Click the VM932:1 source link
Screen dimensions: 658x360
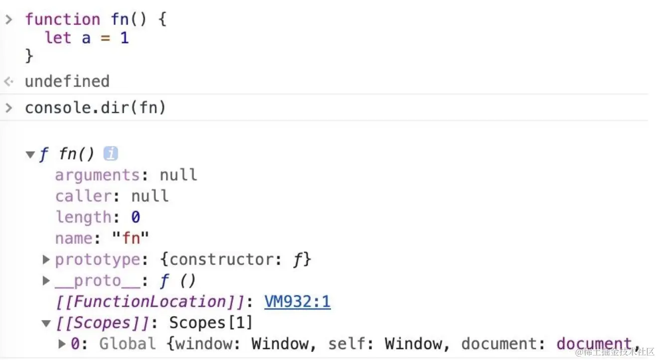[297, 302]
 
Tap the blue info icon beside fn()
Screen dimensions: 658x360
[111, 154]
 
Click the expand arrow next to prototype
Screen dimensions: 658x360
[46, 259]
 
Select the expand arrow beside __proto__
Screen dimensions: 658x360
[46, 281]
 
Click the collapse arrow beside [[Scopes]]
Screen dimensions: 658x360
[46, 323]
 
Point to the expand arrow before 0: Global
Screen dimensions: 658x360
[62, 344]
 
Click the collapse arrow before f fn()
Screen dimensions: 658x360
[30, 155]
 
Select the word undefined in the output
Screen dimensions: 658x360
[67, 81]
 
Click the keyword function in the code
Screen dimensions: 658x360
[62, 19]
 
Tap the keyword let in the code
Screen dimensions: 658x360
[58, 37]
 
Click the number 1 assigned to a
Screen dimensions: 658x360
[125, 37]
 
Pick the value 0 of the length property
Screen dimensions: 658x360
[136, 217]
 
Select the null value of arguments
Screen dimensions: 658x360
[178, 175]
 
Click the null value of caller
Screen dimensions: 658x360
[150, 196]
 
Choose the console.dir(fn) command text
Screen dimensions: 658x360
[95, 108]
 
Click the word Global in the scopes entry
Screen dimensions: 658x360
[127, 344]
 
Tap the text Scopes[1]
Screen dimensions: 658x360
[210, 323]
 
